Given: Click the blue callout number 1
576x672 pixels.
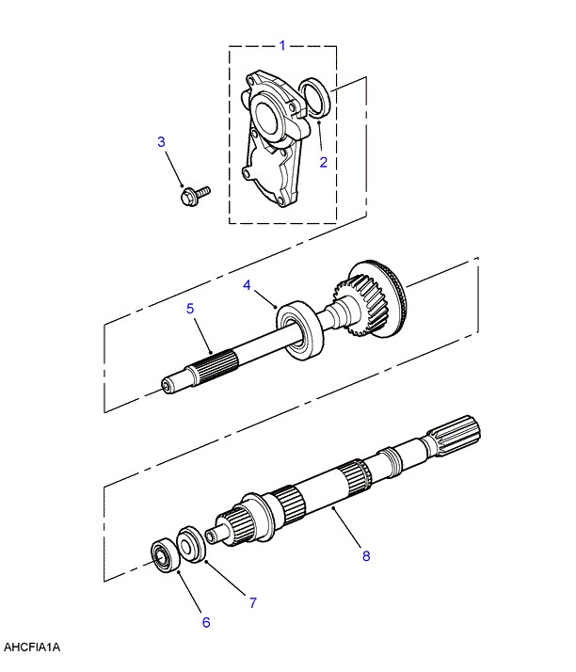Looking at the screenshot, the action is [x=282, y=45].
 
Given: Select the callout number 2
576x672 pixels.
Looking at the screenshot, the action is [x=323, y=162].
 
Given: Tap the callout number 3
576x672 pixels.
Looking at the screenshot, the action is [x=161, y=141].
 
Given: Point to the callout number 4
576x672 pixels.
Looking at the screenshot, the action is [x=247, y=285].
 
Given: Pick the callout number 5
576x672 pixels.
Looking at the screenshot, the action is [x=190, y=308].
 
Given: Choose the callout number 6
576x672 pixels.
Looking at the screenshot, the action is [x=206, y=622].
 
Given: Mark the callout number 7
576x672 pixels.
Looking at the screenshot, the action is [x=253, y=603].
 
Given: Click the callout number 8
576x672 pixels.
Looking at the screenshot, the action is [x=366, y=556].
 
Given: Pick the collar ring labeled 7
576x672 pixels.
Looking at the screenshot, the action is [x=190, y=544].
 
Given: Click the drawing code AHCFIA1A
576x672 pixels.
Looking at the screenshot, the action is [x=32, y=647].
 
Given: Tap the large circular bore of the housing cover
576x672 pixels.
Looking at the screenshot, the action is [x=267, y=116].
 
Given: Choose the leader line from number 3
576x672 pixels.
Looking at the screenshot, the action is [x=173, y=168].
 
